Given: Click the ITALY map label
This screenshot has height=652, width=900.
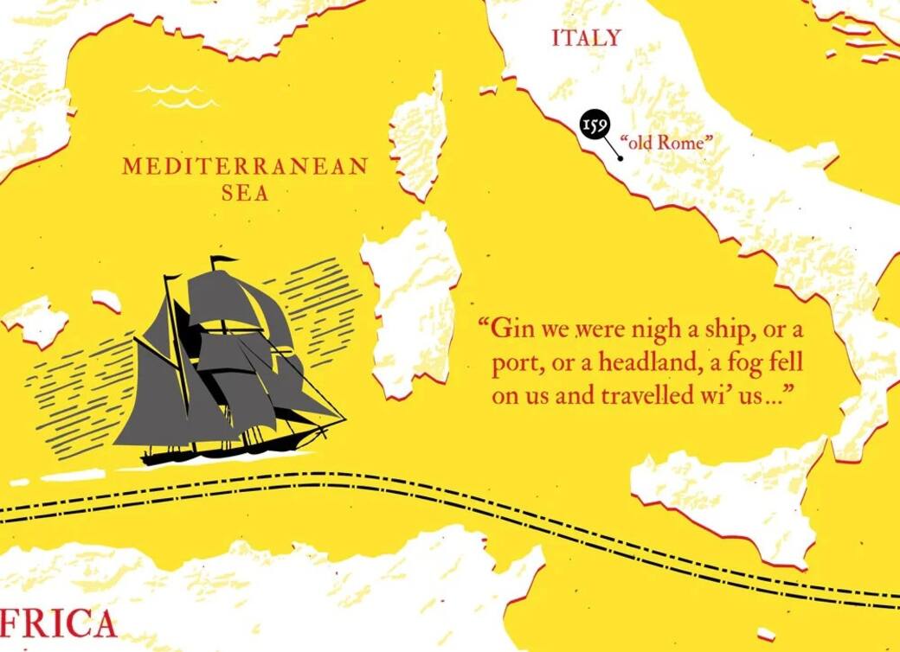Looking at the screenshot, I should coord(586,38).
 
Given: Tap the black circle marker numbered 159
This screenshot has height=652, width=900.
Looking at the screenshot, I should coord(594,125).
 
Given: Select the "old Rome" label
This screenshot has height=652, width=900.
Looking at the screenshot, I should coord(664,142).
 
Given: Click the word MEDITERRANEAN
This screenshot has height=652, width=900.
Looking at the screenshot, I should coord(245,167).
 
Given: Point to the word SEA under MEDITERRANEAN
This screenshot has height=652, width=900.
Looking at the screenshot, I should coord(245,193).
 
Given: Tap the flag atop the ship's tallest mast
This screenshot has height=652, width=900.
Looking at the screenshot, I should coord(223,259).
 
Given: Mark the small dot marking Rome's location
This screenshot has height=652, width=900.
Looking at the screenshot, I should coord(620,158).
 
